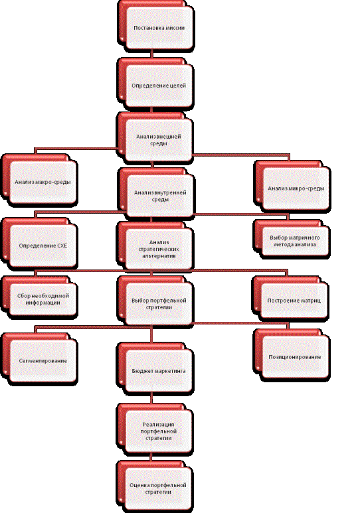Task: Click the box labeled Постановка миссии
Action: point(156,26)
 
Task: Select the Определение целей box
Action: point(155,84)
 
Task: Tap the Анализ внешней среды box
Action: point(155,138)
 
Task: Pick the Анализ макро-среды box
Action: point(40,181)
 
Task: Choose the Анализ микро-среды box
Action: point(292,186)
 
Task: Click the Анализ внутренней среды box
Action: point(157,194)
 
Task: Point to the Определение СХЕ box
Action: point(40,244)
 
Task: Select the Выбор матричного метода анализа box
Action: point(292,239)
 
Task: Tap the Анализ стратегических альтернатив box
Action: point(155,247)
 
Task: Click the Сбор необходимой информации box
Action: point(40,297)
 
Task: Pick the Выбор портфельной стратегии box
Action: point(155,302)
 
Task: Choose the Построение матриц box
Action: point(291,299)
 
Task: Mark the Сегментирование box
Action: point(40,358)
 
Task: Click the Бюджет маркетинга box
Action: point(155,368)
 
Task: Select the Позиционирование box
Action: point(292,355)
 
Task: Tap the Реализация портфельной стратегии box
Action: point(155,429)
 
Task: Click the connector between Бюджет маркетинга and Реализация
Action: point(151,398)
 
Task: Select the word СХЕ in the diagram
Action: point(62,246)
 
